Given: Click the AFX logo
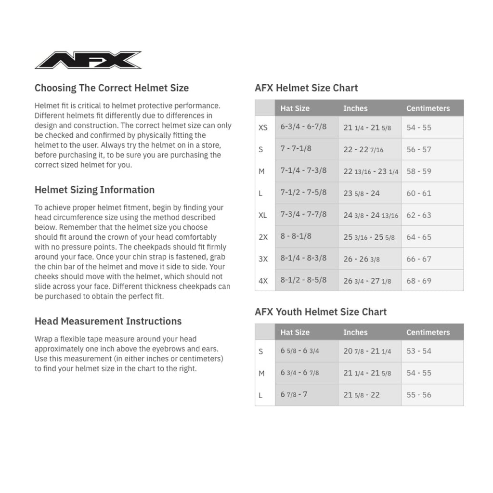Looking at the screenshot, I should click(88, 60).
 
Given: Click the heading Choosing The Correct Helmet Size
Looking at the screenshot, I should click(112, 88).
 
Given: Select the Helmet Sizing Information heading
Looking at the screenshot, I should click(94, 190).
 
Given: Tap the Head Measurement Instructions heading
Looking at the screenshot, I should click(108, 321).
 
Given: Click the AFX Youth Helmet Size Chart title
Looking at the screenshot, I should click(321, 312).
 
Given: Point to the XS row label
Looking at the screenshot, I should click(263, 128).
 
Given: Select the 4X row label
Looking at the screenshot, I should click(263, 281).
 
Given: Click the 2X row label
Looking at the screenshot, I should click(263, 237).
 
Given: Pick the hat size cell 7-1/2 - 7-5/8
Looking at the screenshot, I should click(303, 193).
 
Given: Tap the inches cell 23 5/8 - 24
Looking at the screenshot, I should click(362, 193).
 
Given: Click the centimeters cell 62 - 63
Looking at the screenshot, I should click(419, 215).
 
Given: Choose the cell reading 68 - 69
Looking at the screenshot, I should click(419, 281).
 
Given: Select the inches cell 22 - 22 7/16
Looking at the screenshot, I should click(363, 149).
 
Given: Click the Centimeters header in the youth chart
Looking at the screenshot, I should click(428, 332).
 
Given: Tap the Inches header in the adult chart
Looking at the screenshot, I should click(355, 108).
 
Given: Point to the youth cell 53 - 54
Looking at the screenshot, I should click(419, 351).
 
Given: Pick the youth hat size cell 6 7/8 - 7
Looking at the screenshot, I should click(294, 395).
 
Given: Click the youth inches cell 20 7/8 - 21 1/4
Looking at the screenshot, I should click(367, 351).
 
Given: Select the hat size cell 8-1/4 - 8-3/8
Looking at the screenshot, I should click(303, 259).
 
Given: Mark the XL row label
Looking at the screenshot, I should click(262, 215).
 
